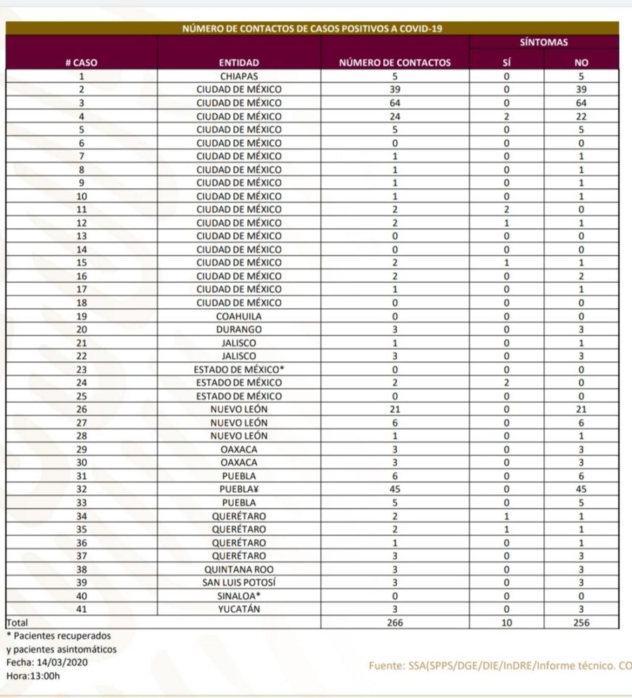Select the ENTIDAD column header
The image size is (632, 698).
(x=239, y=63)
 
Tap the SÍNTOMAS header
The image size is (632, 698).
(x=543, y=42)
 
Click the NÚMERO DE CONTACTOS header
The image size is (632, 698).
(x=395, y=63)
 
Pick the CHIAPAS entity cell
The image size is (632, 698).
(x=239, y=76)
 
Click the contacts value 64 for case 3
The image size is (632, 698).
(x=395, y=103)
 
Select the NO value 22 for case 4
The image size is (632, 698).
(x=581, y=117)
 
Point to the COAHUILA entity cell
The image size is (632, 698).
(x=239, y=316)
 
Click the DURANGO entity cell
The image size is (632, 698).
(x=239, y=329)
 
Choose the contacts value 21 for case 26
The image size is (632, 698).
(x=395, y=409)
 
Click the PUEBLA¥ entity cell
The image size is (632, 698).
(x=239, y=489)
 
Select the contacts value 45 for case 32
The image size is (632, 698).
(x=395, y=489)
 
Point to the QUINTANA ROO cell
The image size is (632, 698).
(x=239, y=568)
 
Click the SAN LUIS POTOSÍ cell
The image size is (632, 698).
(x=239, y=582)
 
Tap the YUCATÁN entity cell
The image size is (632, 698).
(x=239, y=609)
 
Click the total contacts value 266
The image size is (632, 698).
(x=395, y=622)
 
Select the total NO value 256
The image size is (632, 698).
(x=581, y=622)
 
